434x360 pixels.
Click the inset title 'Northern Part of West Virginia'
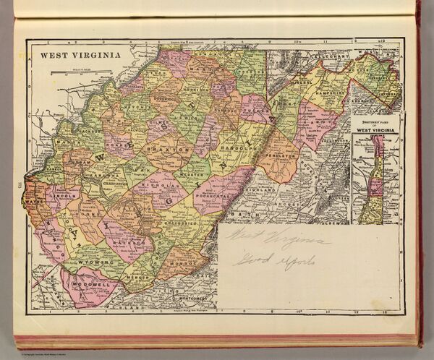click(x=375, y=124)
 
